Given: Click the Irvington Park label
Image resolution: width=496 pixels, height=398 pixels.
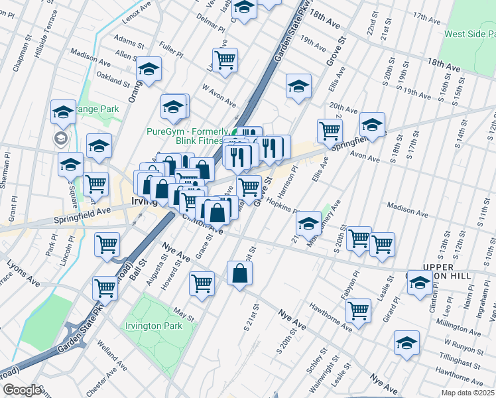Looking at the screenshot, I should [154, 326].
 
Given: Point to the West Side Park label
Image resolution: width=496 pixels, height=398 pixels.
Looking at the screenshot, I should [469, 34].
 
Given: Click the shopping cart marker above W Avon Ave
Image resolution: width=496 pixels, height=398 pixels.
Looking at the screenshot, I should [225, 60].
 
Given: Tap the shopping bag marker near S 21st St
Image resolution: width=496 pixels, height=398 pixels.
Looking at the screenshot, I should [239, 273].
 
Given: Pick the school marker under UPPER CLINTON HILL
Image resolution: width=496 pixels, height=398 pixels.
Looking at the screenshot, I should [420, 283].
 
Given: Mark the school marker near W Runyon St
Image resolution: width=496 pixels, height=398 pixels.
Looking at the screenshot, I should [406, 342].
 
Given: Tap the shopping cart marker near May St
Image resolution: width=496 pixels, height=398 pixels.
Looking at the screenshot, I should [202, 283].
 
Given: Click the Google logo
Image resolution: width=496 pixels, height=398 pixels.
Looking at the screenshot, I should [21, 390].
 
